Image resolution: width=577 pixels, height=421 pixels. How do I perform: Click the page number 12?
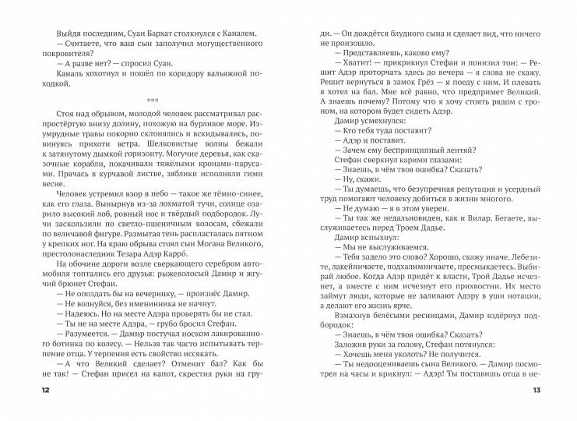(30, 389)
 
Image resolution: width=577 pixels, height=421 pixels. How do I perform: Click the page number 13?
(547, 389)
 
